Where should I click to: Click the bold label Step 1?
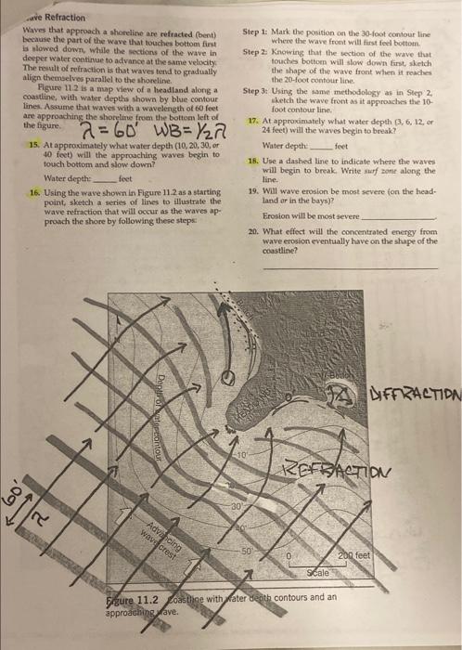pos(255,32)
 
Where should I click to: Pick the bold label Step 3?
pos(255,91)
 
